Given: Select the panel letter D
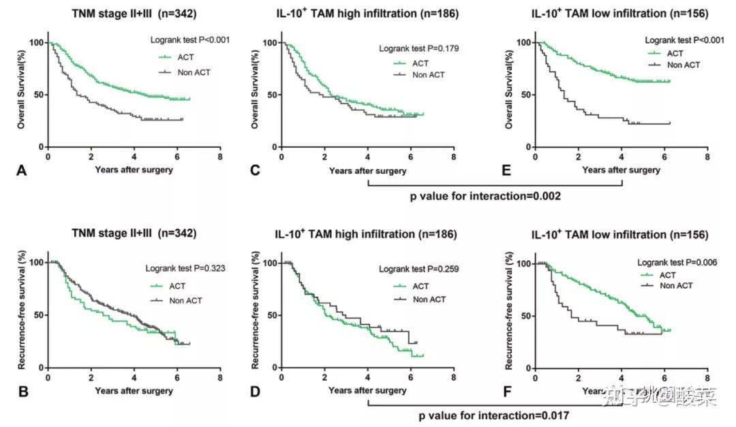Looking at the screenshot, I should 255,391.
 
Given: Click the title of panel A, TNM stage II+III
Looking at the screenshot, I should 134,13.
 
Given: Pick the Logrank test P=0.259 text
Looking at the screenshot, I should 419,270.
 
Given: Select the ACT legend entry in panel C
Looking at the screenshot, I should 420,63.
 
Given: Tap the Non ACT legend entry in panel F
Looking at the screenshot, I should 676,285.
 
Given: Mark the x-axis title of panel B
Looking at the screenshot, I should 134,391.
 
